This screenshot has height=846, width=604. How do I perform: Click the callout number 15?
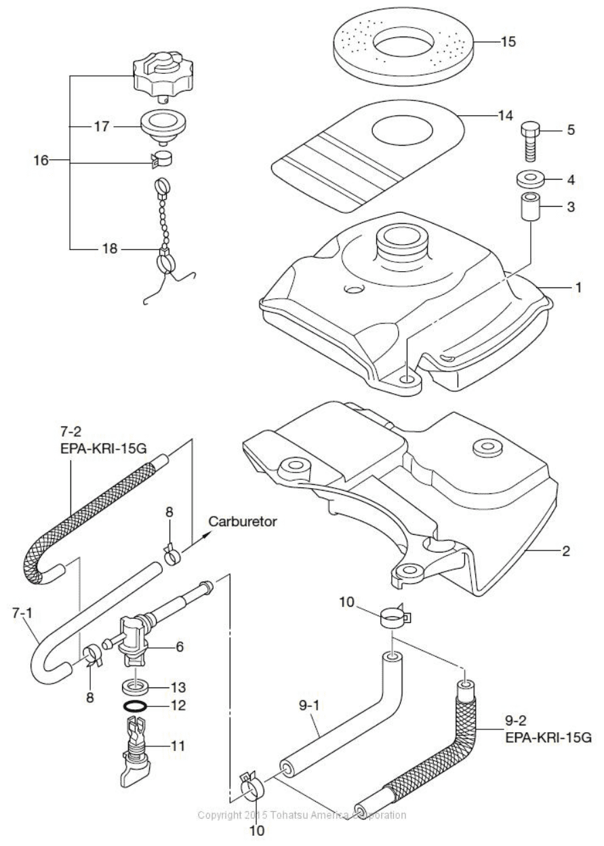coord(508,41)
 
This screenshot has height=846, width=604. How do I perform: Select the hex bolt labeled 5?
coord(530,142)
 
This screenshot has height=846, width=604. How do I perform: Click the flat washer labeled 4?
coord(530,178)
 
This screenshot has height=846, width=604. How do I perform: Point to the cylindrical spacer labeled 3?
coord(530,206)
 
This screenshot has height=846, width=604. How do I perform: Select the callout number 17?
coord(101,126)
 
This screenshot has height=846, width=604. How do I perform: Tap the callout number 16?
coord(41,161)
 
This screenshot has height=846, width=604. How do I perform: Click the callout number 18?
coord(110,249)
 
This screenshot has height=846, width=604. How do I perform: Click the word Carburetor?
coord(243,521)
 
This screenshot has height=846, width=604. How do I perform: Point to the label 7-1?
coord(22,613)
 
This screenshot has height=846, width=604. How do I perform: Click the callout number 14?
coord(505,115)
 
